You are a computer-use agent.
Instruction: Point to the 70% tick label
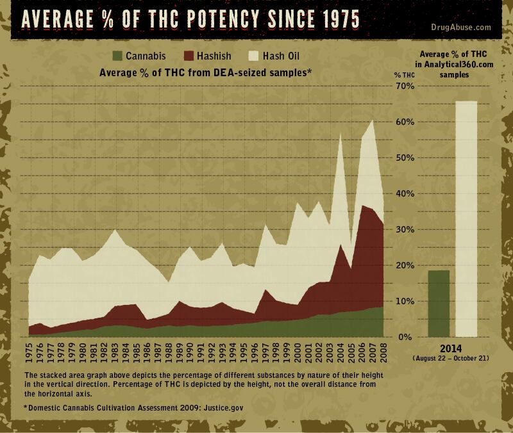[405, 86]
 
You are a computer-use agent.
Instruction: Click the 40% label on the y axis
[405, 193]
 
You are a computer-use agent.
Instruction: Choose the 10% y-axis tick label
[405, 301]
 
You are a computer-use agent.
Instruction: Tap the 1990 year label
[190, 353]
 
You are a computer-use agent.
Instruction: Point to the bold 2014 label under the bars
[453, 349]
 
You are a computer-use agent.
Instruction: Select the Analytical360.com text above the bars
[458, 64]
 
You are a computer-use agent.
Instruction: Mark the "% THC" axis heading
[405, 75]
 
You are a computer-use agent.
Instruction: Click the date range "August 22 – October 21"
[453, 359]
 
